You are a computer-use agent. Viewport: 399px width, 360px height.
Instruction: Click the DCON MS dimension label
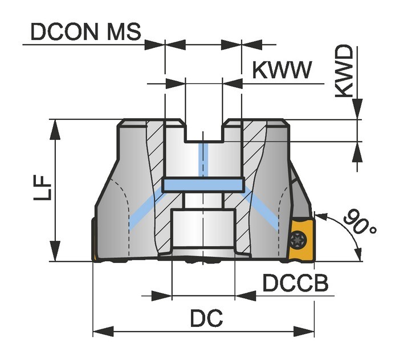[x=85, y=32]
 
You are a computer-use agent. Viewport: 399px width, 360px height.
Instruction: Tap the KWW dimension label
[x=282, y=70]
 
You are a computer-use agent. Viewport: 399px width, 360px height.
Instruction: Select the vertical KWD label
[x=344, y=71]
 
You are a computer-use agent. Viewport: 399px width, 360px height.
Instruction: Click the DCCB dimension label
[x=295, y=283]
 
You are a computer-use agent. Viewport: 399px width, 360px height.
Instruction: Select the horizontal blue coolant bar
[x=203, y=185]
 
